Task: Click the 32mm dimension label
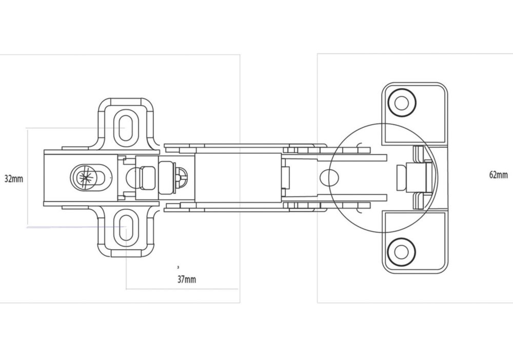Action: point(14,179)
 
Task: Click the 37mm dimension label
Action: point(187,279)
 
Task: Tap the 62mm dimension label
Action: point(498,175)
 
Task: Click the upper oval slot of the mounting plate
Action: point(125,128)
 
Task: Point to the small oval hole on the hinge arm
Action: point(329,177)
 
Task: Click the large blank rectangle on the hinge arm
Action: point(238,177)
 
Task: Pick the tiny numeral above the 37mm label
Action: point(178,267)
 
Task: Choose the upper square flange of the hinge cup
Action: point(415,113)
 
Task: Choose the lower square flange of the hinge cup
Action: point(415,242)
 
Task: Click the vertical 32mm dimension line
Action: point(27,177)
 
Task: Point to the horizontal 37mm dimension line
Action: point(182,289)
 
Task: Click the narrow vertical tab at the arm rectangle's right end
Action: point(285,177)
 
